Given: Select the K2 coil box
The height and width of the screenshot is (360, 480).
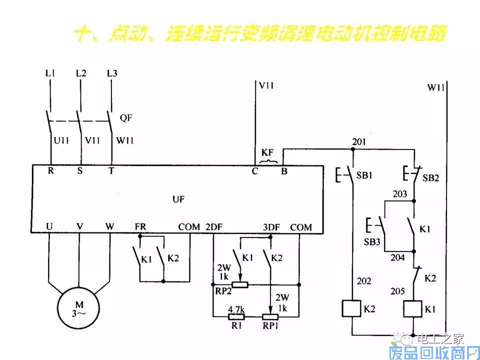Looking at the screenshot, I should [351, 308].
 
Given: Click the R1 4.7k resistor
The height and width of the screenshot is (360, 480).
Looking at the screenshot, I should [236, 316].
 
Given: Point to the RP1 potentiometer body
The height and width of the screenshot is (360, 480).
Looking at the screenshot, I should [270, 316].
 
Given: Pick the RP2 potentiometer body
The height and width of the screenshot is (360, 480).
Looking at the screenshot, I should [241, 285].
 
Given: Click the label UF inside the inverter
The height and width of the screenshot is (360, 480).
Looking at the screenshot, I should [178, 199].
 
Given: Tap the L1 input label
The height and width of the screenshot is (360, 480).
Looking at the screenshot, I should [50, 73].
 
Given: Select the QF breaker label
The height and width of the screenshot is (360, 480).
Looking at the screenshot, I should [126, 118].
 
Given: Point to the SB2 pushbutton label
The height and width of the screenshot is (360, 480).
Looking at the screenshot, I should [430, 177].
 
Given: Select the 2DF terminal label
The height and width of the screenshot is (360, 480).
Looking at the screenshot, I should [214, 227].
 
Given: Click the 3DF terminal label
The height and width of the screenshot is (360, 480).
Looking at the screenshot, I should [271, 227].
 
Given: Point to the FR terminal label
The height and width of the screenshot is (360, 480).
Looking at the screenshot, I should [140, 227].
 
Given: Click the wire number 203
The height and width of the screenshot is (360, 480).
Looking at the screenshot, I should [400, 194].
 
